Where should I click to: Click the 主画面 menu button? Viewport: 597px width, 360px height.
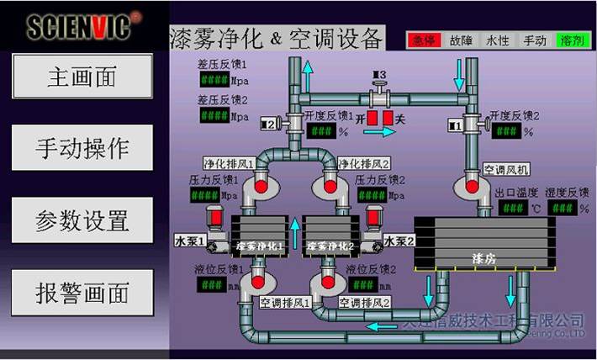[x=82, y=77]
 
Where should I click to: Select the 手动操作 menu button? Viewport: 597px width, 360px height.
[x=82, y=148]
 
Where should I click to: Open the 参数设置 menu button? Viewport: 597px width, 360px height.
[x=82, y=220]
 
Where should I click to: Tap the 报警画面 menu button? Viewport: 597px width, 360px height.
[x=82, y=293]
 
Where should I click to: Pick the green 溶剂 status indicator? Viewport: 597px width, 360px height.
[x=572, y=40]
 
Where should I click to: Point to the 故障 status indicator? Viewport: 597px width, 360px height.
[x=461, y=40]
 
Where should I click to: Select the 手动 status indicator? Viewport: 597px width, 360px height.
[x=535, y=40]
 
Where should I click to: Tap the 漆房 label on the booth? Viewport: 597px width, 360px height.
[x=486, y=253]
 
